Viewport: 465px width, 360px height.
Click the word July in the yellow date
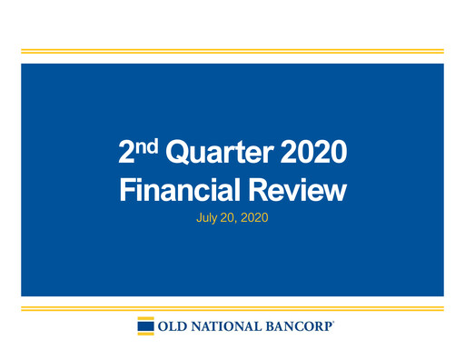pyautogui.click(x=207, y=220)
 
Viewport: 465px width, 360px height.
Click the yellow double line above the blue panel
pyautogui.click(x=232, y=52)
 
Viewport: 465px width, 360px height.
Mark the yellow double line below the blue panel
pyautogui.click(x=232, y=309)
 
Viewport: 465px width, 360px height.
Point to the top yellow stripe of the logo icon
pyautogui.click(x=144, y=319)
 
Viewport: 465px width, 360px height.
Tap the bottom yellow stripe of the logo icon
pyautogui.click(x=144, y=334)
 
